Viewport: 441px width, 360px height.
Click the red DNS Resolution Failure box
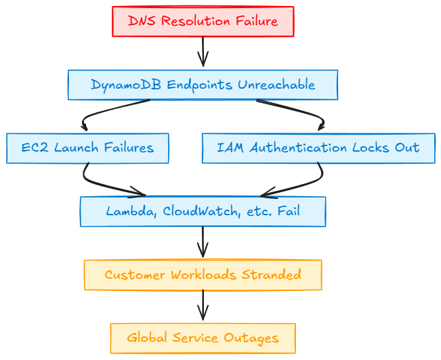203,21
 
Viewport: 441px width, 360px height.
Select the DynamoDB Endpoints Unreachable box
203,85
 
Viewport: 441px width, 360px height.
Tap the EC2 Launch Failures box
87,148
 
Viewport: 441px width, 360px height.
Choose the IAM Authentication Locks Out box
318,148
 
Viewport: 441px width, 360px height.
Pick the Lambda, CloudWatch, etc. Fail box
203,211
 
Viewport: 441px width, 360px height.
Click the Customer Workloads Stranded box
203,275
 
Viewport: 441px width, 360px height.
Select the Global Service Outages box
203,338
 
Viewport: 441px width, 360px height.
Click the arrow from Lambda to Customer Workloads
203,242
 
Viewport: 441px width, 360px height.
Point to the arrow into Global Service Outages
203,306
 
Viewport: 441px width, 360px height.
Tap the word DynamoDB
117,85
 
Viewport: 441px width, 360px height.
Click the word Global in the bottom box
145,338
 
